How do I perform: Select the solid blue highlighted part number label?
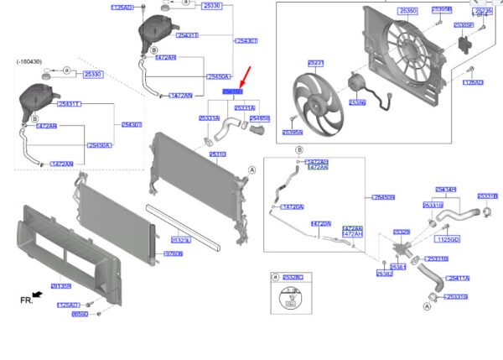click(232, 91)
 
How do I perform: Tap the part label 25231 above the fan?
click(315, 63)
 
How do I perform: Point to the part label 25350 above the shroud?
click(408, 11)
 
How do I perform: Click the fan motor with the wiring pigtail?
click(356, 84)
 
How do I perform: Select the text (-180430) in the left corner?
click(30, 62)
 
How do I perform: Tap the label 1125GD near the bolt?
click(449, 239)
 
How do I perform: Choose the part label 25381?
click(398, 267)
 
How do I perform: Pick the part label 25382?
click(384, 274)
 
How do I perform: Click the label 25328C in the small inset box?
click(293, 276)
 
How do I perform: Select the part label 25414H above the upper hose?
click(445, 190)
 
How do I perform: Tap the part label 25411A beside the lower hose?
click(458, 278)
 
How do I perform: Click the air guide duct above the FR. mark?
click(51, 252)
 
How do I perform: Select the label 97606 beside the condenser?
click(174, 253)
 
